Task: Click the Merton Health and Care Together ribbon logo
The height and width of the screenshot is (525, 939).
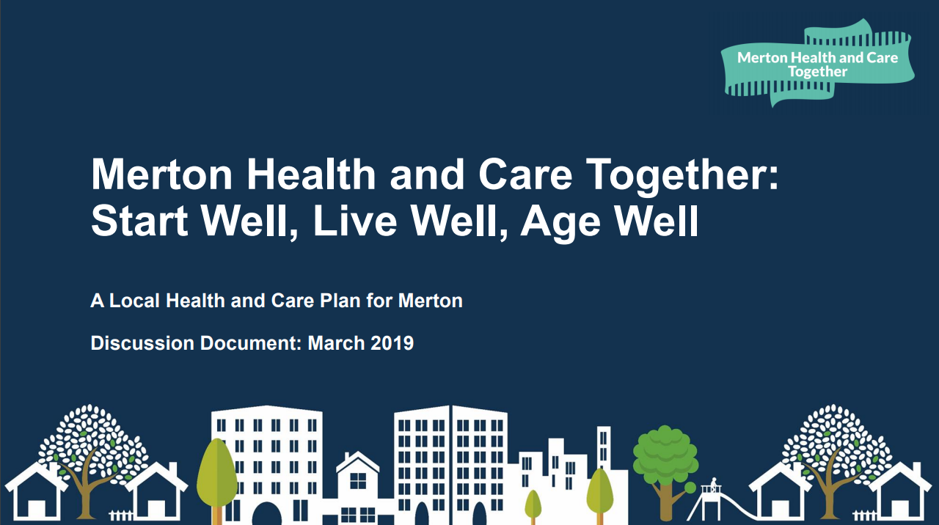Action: (x=817, y=63)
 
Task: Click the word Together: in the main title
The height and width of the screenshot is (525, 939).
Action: (x=682, y=176)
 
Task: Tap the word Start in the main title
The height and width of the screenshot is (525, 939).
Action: (x=139, y=221)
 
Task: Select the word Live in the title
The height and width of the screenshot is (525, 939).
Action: (x=354, y=221)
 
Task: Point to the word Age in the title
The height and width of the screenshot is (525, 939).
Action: (x=561, y=223)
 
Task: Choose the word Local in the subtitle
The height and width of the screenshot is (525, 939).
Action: (x=134, y=301)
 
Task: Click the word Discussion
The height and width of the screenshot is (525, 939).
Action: (x=142, y=342)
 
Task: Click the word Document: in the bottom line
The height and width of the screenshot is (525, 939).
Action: (x=251, y=342)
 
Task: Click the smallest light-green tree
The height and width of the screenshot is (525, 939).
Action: (x=533, y=506)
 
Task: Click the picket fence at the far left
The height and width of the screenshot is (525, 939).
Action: (x=121, y=515)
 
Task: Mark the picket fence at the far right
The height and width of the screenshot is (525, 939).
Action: (x=865, y=515)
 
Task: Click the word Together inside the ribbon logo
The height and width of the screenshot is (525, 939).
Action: (x=817, y=72)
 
